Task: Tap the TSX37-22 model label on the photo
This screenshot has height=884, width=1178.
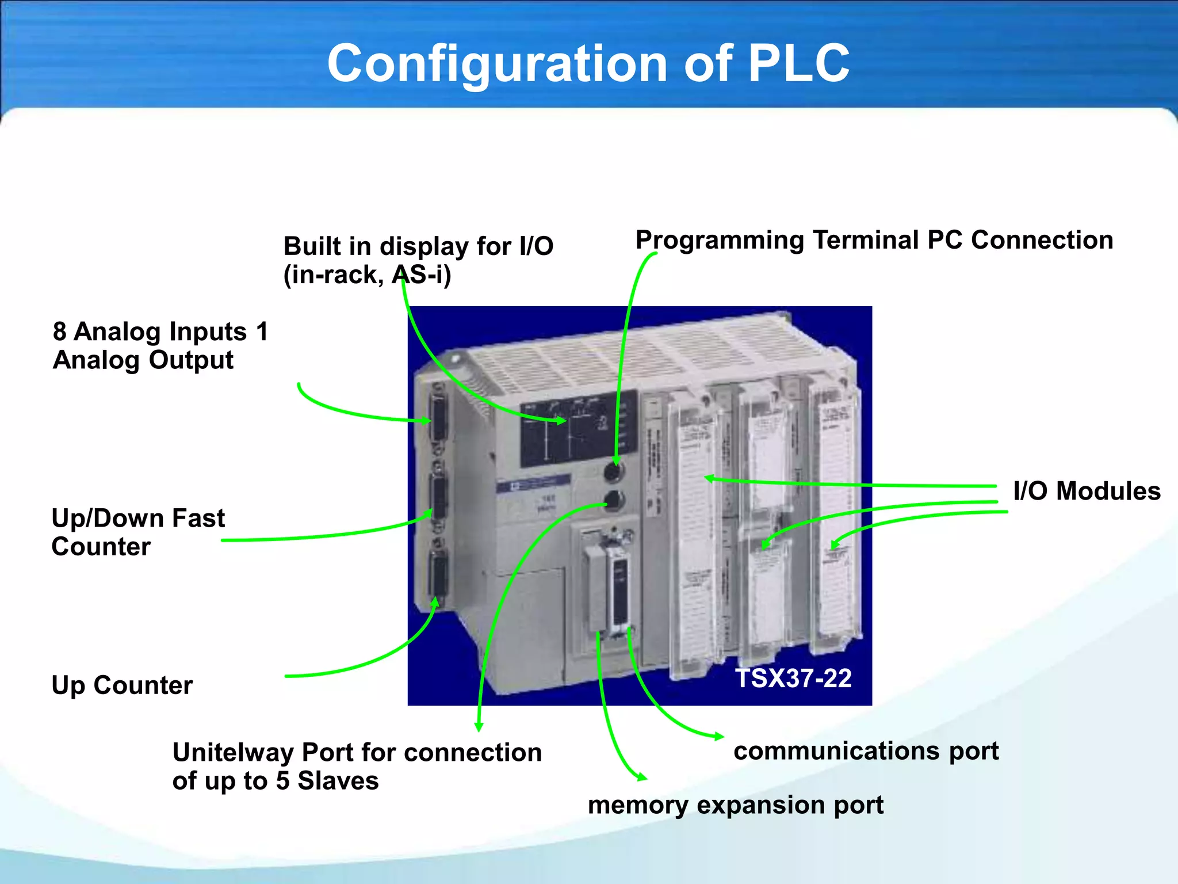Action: [x=793, y=678]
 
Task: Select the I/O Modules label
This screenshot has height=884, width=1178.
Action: [x=1087, y=491]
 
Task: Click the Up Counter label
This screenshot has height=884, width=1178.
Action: [x=122, y=685]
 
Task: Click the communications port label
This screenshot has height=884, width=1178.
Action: [x=866, y=750]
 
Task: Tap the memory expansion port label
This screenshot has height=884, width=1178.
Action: [x=735, y=805]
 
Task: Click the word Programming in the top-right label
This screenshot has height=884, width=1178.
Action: [x=719, y=240]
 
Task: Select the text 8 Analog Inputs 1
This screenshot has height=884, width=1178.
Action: [x=160, y=331]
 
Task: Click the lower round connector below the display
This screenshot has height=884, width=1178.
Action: [x=614, y=501]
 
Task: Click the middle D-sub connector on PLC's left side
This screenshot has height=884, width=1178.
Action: [x=439, y=496]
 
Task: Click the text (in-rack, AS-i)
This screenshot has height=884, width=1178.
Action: [x=367, y=275]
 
